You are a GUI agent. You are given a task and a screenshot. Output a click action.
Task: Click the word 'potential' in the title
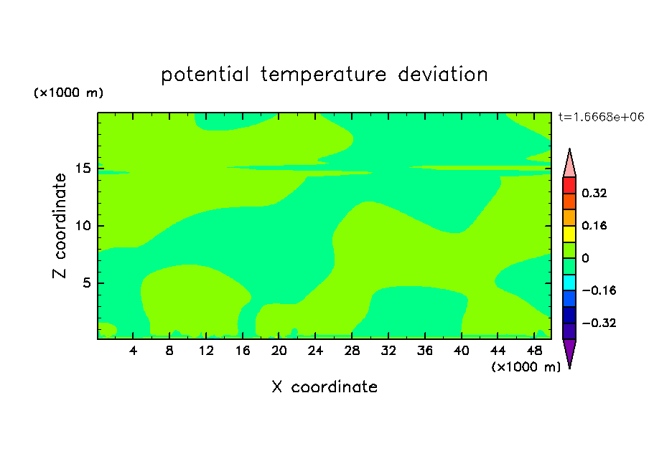[x=205, y=75]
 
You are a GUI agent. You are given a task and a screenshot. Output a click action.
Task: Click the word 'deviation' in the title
[x=442, y=75]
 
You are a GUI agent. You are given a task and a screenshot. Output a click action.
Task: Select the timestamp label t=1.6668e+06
[x=601, y=117]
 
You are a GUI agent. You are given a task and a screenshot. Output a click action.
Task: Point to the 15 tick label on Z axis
[x=83, y=169]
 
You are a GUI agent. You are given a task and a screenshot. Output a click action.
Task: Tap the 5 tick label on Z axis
[x=87, y=283]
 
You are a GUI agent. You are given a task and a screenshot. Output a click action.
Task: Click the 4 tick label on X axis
[x=133, y=351]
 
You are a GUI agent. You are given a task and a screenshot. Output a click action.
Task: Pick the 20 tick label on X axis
[x=279, y=351]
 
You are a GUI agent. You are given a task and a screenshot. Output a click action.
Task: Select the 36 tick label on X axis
[x=425, y=351]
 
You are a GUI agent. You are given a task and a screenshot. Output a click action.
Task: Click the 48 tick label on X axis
[x=534, y=351]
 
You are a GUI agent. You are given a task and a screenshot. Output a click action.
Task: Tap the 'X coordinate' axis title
[x=324, y=387]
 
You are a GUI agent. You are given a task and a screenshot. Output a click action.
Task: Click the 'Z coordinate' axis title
[x=59, y=226]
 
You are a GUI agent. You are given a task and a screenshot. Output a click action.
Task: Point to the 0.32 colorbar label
[x=594, y=193]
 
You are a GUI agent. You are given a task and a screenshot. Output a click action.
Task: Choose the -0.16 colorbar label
[x=599, y=290]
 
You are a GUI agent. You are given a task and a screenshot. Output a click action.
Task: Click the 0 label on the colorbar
[x=585, y=258]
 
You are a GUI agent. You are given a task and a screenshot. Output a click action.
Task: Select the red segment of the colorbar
[x=569, y=185]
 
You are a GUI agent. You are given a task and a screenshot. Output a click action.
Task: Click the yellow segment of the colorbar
[x=569, y=234]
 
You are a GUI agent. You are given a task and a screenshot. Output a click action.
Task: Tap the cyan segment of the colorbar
[x=569, y=283]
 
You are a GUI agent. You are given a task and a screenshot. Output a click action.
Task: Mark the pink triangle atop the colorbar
[x=569, y=165]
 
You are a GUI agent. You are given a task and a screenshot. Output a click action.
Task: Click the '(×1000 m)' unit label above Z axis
[x=68, y=93]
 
